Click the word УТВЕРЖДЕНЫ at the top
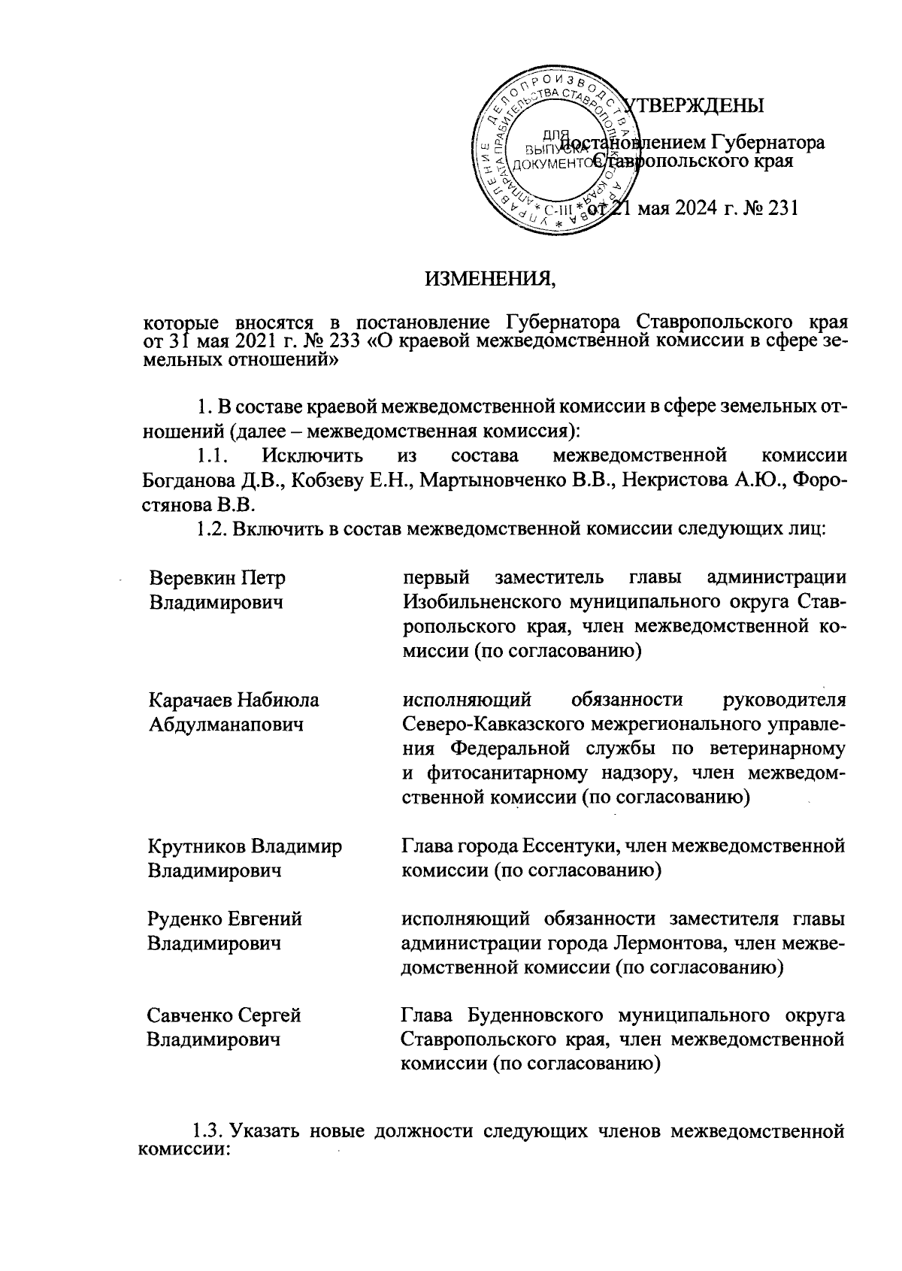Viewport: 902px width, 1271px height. click(696, 105)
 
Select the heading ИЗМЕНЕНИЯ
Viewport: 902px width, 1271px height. click(492, 280)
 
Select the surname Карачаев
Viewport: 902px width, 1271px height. click(192, 700)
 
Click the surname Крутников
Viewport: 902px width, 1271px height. click(198, 846)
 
